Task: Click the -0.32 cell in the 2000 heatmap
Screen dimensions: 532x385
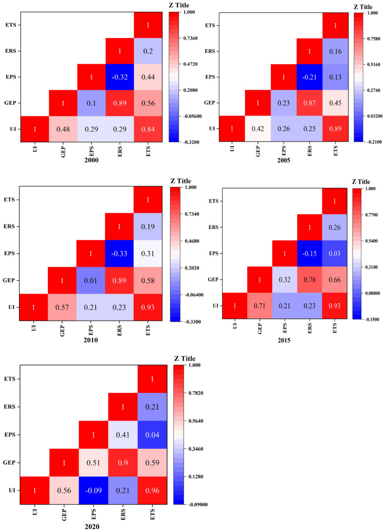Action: [x=119, y=77]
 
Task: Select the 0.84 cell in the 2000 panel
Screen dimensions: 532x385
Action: [x=148, y=129]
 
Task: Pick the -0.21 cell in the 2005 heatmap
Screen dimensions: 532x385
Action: [x=310, y=77]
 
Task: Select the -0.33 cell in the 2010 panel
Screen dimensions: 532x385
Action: [x=119, y=253]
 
